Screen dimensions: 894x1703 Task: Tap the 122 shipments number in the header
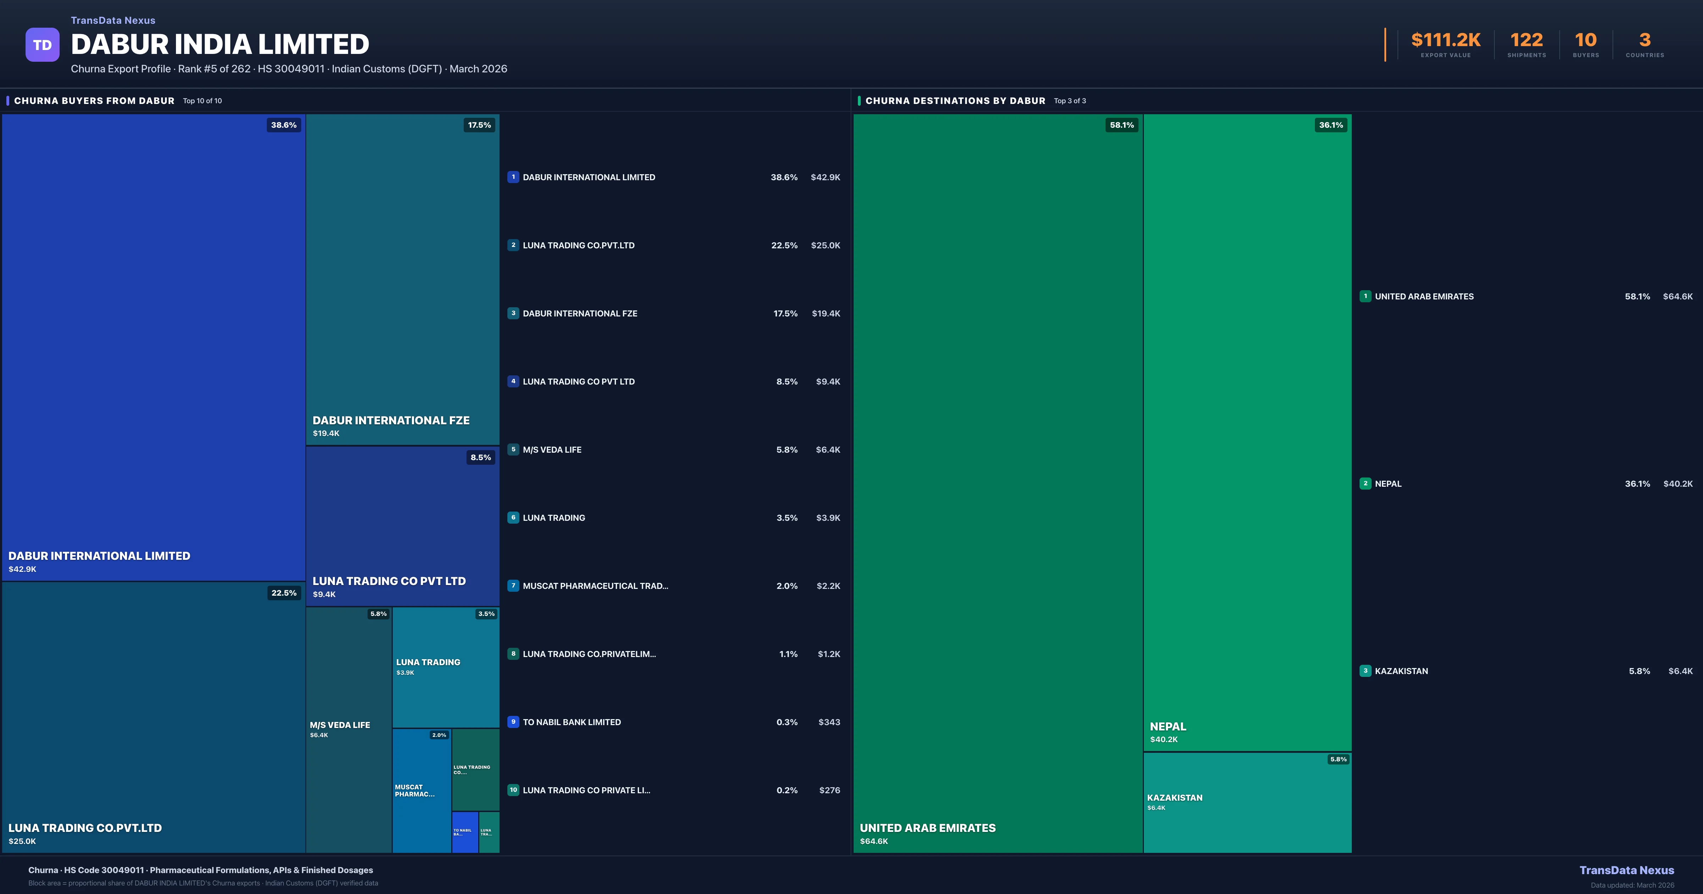[x=1526, y=40]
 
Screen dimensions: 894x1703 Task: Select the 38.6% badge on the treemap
[x=283, y=125]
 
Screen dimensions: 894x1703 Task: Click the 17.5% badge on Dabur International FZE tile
[x=479, y=125]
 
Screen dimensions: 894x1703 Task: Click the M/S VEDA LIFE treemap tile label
[x=340, y=725]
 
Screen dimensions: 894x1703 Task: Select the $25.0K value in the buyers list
[x=825, y=245]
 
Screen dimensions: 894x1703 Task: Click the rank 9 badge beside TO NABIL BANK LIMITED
[x=513, y=722]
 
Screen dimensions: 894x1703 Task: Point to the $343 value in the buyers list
[x=829, y=722]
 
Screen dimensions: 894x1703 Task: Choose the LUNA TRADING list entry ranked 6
[x=553, y=518]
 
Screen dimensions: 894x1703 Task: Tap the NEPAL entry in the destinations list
[x=1388, y=484]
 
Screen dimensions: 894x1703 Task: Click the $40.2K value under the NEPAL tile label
[x=1164, y=739]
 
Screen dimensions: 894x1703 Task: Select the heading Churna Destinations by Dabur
[x=955, y=100]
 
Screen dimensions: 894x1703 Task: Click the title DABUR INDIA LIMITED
[x=220, y=44]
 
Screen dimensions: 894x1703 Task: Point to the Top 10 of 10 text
[x=202, y=101]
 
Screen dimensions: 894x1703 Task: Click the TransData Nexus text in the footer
[x=1626, y=870]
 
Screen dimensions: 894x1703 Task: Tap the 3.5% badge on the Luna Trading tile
[x=486, y=614]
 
